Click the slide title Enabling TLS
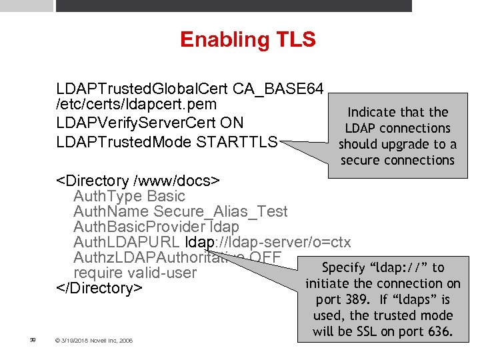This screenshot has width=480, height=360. pos(247,39)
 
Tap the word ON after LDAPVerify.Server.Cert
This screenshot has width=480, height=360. pos(235,123)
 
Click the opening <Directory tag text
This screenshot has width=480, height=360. pos(93,181)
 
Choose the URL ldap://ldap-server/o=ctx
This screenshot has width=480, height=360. pos(267,242)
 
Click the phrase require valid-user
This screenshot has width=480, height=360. pos(135,273)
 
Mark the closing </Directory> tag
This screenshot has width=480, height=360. pos(99,288)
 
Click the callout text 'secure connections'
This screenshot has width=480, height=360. pos(397,160)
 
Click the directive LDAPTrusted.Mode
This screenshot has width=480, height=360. pos(125,142)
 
